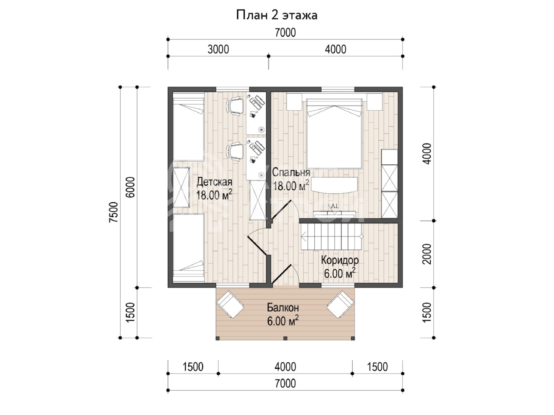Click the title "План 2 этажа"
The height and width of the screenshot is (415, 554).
coord(277,15)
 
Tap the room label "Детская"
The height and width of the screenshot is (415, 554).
coord(214,182)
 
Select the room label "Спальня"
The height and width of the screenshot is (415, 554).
coord(291,172)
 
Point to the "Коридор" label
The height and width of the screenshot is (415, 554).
coord(340,260)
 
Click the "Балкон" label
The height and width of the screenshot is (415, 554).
coord(283,308)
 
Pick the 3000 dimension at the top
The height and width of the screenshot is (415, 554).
coord(218,49)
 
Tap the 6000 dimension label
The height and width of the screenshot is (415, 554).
coord(130,187)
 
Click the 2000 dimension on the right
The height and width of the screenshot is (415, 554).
coord(427,254)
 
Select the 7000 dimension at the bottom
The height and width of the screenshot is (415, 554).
coord(285,383)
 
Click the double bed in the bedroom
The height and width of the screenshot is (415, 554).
coord(335,134)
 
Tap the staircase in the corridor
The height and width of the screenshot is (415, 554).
coord(331,237)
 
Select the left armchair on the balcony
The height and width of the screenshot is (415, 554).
coord(230,304)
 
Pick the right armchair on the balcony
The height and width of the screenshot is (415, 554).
coord(341,304)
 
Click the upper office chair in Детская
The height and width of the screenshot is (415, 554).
coord(235,106)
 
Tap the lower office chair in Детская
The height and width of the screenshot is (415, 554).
coord(235,151)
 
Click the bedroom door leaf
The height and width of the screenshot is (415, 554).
coord(282,209)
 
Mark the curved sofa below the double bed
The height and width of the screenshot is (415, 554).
coord(335,185)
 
